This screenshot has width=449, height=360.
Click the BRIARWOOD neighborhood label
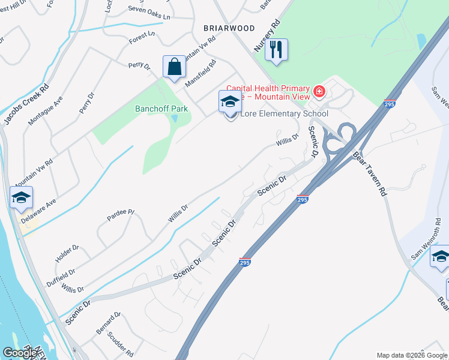point(229,28)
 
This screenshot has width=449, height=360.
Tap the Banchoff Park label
point(161,109)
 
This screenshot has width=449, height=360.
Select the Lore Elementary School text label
point(284,114)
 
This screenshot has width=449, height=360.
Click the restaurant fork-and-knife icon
point(276,49)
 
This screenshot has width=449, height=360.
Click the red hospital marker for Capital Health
point(320,92)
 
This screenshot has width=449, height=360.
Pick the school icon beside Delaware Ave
point(21,197)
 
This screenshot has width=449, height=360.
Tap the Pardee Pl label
point(121,213)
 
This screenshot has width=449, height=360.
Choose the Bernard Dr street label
point(109,323)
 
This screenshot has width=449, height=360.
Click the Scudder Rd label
point(120,345)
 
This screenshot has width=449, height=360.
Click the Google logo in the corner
point(20,353)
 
